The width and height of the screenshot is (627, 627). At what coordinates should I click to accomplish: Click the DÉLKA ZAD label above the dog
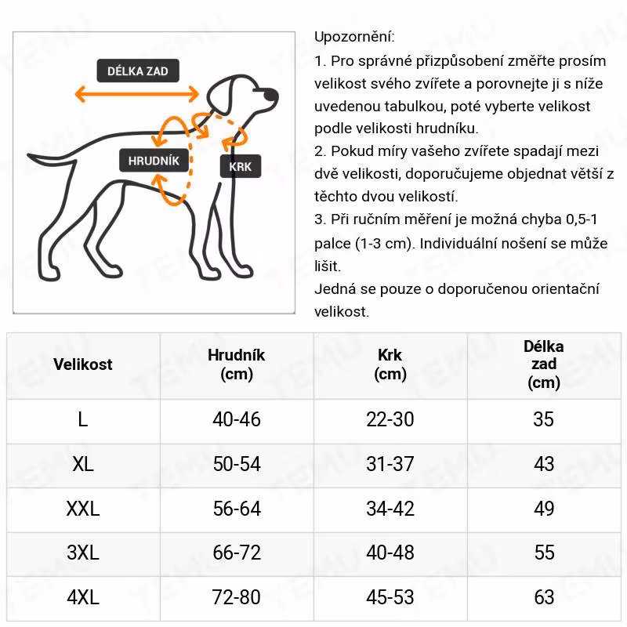[x=137, y=71]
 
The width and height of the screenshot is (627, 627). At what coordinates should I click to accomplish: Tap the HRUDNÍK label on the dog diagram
[x=154, y=161]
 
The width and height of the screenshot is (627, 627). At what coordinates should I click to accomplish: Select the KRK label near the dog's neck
[x=240, y=166]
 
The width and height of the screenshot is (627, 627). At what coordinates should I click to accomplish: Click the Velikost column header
[x=83, y=364]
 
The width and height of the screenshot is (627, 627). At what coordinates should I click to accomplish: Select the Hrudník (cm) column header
[x=237, y=364]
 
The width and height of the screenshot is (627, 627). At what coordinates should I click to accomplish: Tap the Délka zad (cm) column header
[x=544, y=364]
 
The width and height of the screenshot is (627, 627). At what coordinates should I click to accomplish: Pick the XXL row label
[x=83, y=509]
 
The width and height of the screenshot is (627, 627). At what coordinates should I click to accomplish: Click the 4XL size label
[x=83, y=598]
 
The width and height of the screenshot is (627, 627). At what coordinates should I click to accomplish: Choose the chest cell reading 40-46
[x=237, y=419]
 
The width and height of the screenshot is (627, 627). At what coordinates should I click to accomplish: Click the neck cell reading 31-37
[x=390, y=464]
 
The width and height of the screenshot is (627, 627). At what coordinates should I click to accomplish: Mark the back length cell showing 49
[x=544, y=509]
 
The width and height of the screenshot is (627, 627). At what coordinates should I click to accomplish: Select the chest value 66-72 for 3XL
[x=237, y=553]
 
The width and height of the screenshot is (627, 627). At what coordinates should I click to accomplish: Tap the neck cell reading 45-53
[x=390, y=598]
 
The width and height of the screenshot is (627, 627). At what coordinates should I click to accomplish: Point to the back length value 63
[x=544, y=598]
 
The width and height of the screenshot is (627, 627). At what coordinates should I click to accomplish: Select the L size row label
[x=83, y=419]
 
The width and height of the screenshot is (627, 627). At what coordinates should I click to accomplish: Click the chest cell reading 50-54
[x=237, y=464]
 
